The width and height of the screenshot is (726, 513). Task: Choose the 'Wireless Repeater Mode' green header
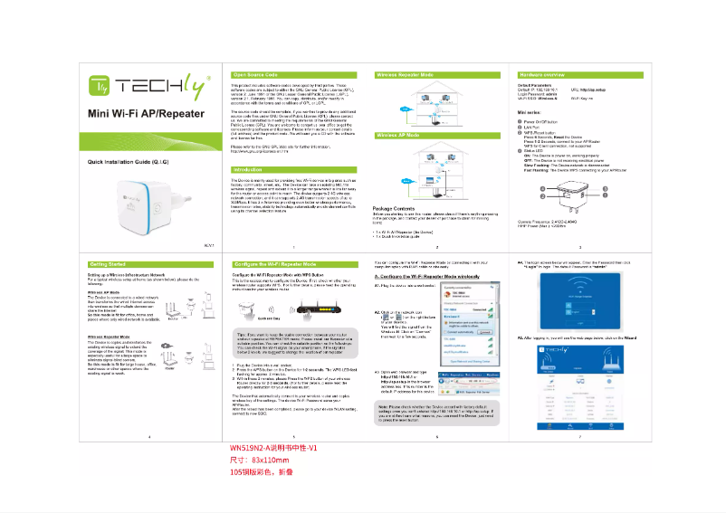pos(405,73)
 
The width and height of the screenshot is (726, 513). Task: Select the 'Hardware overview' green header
pos(544,73)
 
